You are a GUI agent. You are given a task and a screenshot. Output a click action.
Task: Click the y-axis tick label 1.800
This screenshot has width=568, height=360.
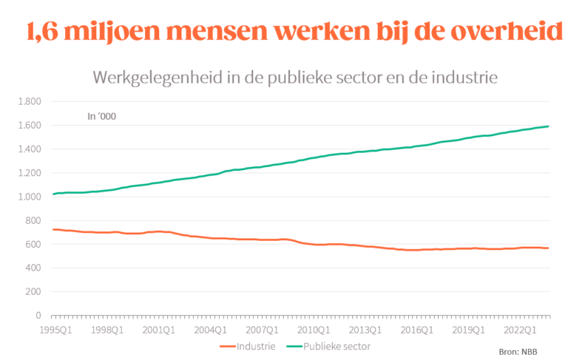tap(30, 102)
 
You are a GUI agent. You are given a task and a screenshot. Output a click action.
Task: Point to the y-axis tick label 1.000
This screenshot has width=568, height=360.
tap(30, 197)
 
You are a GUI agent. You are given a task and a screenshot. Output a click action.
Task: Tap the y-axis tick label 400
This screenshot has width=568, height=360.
tap(33, 268)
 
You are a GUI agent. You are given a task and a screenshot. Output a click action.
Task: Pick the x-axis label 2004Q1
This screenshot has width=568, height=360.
tap(210, 330)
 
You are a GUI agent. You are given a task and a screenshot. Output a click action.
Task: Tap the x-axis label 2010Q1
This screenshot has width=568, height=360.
tap(314, 330)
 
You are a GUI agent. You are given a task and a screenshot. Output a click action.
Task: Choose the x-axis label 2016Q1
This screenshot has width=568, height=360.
tap(418, 330)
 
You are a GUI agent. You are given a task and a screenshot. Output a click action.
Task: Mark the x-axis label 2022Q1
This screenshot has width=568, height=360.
tap(521, 330)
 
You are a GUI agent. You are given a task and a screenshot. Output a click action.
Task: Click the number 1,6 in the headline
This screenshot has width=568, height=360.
tap(44, 32)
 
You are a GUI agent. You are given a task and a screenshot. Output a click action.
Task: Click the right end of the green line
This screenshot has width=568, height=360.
tap(548, 126)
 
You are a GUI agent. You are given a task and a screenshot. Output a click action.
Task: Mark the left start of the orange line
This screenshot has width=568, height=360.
tap(52, 229)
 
